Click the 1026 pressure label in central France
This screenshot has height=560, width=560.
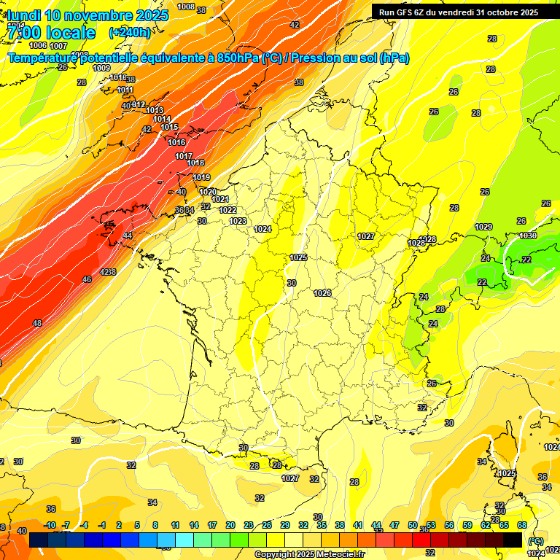tap(322, 293)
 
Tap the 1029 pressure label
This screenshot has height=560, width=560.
tap(483, 227)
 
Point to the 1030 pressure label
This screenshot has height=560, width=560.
tap(528, 236)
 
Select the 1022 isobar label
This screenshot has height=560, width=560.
tap(227, 210)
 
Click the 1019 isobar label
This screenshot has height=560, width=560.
tap(201, 177)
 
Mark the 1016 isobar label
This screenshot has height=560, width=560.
tap(176, 142)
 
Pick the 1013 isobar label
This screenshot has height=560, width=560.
tap(155, 110)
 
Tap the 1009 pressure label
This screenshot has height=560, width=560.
tap(101, 68)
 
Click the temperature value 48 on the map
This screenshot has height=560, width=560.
tap(37, 323)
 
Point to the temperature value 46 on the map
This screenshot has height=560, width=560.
tap(87, 279)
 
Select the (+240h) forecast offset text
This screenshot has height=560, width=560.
tap(129, 32)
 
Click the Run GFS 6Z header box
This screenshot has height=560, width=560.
tap(458, 12)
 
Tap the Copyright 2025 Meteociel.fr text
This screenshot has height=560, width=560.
tap(310, 554)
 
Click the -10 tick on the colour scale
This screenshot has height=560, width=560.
tap(50, 525)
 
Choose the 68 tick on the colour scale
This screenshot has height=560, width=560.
tap(522, 525)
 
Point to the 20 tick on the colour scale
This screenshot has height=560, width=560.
tap(230, 525)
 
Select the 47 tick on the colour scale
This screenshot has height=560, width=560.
tap(394, 525)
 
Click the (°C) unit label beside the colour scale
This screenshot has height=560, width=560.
tap(536, 541)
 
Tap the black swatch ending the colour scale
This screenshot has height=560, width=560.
tap(513, 540)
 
